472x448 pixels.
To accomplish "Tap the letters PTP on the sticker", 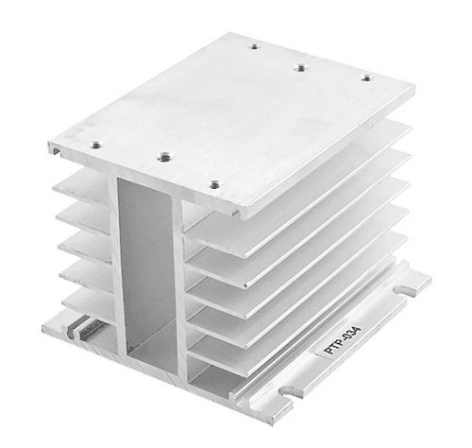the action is [333, 348].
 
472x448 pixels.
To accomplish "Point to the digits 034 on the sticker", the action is [353, 335].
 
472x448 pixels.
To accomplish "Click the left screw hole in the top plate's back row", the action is [254, 47].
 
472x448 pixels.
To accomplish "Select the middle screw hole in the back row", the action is [301, 68].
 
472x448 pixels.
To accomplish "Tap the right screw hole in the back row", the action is [366, 78].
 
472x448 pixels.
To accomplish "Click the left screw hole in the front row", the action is [95, 146].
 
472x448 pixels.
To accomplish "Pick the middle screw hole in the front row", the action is [162, 157].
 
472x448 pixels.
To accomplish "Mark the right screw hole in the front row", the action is [214, 184].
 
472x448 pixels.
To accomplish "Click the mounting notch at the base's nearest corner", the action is [287, 391].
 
